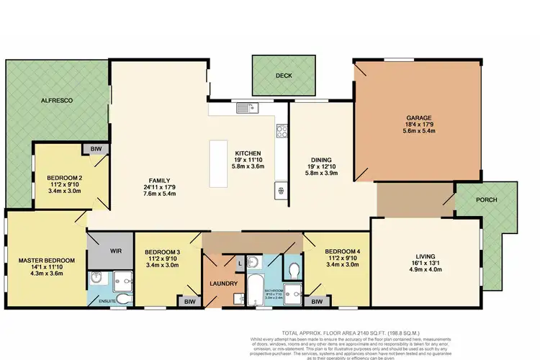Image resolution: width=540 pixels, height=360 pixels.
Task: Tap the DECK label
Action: pos(283,75)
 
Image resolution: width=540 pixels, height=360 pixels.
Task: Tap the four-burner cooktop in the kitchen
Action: pos(282,131)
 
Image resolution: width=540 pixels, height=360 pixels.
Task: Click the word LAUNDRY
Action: pos(224,284)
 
